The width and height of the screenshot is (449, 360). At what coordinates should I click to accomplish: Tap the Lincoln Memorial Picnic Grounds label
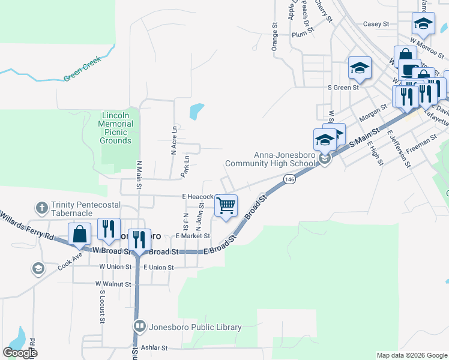pyautogui.click(x=116, y=128)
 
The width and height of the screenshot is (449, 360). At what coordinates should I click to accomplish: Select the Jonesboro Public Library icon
pyautogui.click(x=139, y=326)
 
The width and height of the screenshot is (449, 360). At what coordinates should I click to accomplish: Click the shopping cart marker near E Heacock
pyautogui.click(x=226, y=206)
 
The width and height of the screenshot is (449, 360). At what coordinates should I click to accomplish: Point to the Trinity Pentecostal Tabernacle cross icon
pyautogui.click(x=41, y=208)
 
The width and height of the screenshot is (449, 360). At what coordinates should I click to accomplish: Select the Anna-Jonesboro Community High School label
pyautogui.click(x=270, y=158)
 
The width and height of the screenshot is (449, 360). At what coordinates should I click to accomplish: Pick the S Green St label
pyautogui.click(x=343, y=87)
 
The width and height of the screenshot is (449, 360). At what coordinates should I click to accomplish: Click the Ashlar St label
pyautogui.click(x=154, y=347)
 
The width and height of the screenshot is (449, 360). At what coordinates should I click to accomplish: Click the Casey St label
pyautogui.click(x=376, y=24)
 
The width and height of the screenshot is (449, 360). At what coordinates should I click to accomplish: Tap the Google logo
pyautogui.click(x=20, y=353)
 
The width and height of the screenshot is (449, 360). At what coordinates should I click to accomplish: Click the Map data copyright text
pyautogui.click(x=411, y=355)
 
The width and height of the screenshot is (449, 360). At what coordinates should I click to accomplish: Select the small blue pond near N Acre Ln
pyautogui.click(x=197, y=111)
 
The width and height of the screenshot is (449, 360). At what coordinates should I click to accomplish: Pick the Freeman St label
pyautogui.click(x=420, y=144)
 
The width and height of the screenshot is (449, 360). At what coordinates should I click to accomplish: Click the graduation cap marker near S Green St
pyautogui.click(x=360, y=68)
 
